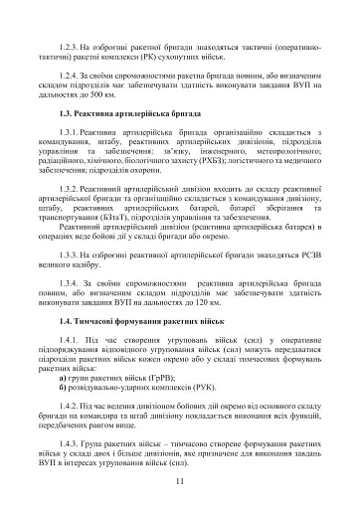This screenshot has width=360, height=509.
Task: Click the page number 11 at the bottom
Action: tap(180, 482)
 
